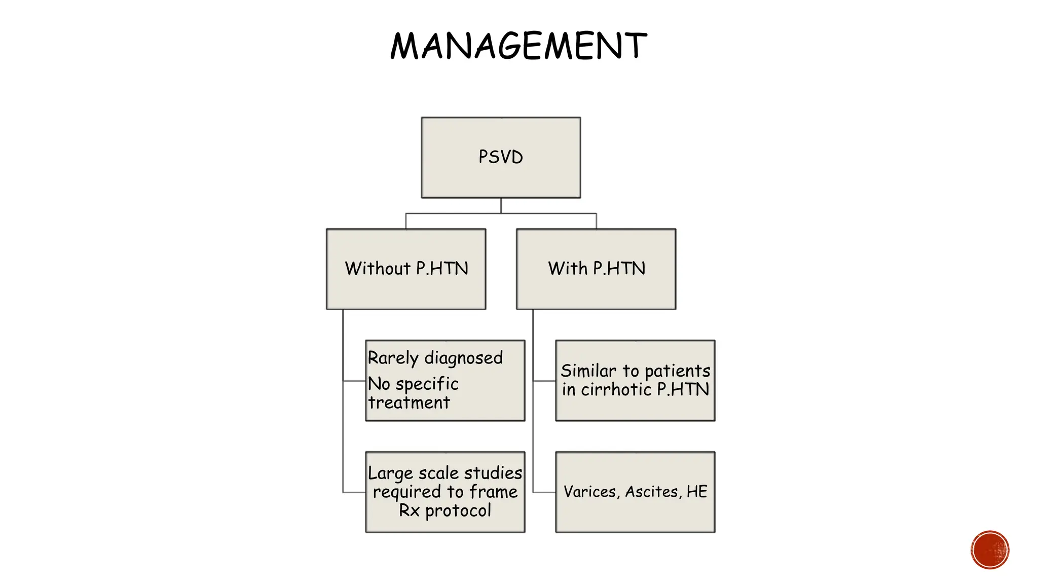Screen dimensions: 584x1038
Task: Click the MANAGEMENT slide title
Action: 518,46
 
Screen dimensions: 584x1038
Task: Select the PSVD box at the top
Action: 501,157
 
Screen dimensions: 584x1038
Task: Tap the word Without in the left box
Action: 378,268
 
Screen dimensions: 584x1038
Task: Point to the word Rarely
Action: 393,358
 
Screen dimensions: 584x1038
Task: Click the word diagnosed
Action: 463,358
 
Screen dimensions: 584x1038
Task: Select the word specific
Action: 427,384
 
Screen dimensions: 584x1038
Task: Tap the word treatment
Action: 409,403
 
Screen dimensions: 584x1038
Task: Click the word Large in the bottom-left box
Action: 390,473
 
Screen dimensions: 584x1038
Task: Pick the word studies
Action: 493,472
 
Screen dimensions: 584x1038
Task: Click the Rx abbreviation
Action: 409,510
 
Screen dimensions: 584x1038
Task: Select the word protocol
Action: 458,510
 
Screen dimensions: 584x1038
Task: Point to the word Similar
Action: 588,371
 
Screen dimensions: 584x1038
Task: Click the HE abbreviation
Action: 697,491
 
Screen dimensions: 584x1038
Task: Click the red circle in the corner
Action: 990,550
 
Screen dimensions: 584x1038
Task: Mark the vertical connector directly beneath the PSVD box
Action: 501,205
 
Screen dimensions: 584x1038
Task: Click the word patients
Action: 677,371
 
